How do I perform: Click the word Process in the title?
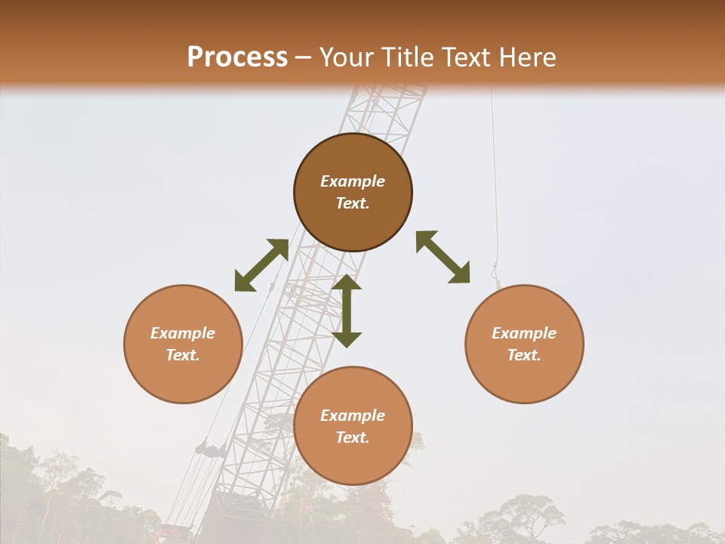[x=237, y=57]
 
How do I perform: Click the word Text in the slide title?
[x=465, y=57]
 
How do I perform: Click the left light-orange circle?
[x=183, y=344]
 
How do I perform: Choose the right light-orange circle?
[x=524, y=344]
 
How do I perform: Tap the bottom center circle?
[x=353, y=425]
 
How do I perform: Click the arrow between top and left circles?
[x=261, y=265]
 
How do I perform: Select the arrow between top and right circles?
[x=443, y=258]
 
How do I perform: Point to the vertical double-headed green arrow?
[x=347, y=311]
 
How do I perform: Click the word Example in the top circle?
[x=353, y=181]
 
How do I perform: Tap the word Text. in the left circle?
[x=183, y=355]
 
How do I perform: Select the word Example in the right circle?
[x=524, y=333]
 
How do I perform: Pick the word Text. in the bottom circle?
[x=353, y=437]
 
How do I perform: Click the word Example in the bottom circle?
[x=353, y=416]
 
